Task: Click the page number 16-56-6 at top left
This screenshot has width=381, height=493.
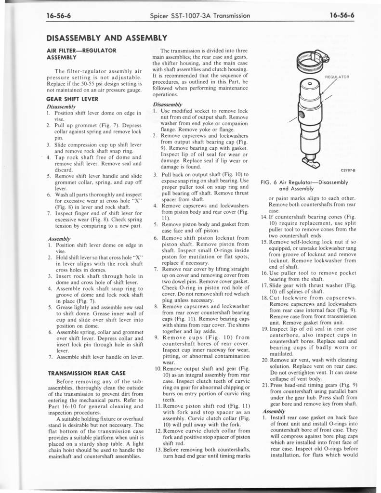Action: [59, 15]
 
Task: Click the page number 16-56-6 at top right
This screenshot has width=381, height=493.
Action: [342, 15]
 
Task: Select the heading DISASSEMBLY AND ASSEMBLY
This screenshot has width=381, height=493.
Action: [106, 38]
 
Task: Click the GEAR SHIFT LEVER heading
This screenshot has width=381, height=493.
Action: [72, 99]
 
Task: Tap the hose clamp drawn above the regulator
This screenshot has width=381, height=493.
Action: [311, 60]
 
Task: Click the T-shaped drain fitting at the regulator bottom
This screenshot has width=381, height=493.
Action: [310, 159]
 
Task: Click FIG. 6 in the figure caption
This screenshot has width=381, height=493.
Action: [268, 182]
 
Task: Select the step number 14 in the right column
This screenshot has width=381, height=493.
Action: [264, 218]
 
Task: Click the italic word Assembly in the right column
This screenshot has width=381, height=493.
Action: [272, 412]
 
